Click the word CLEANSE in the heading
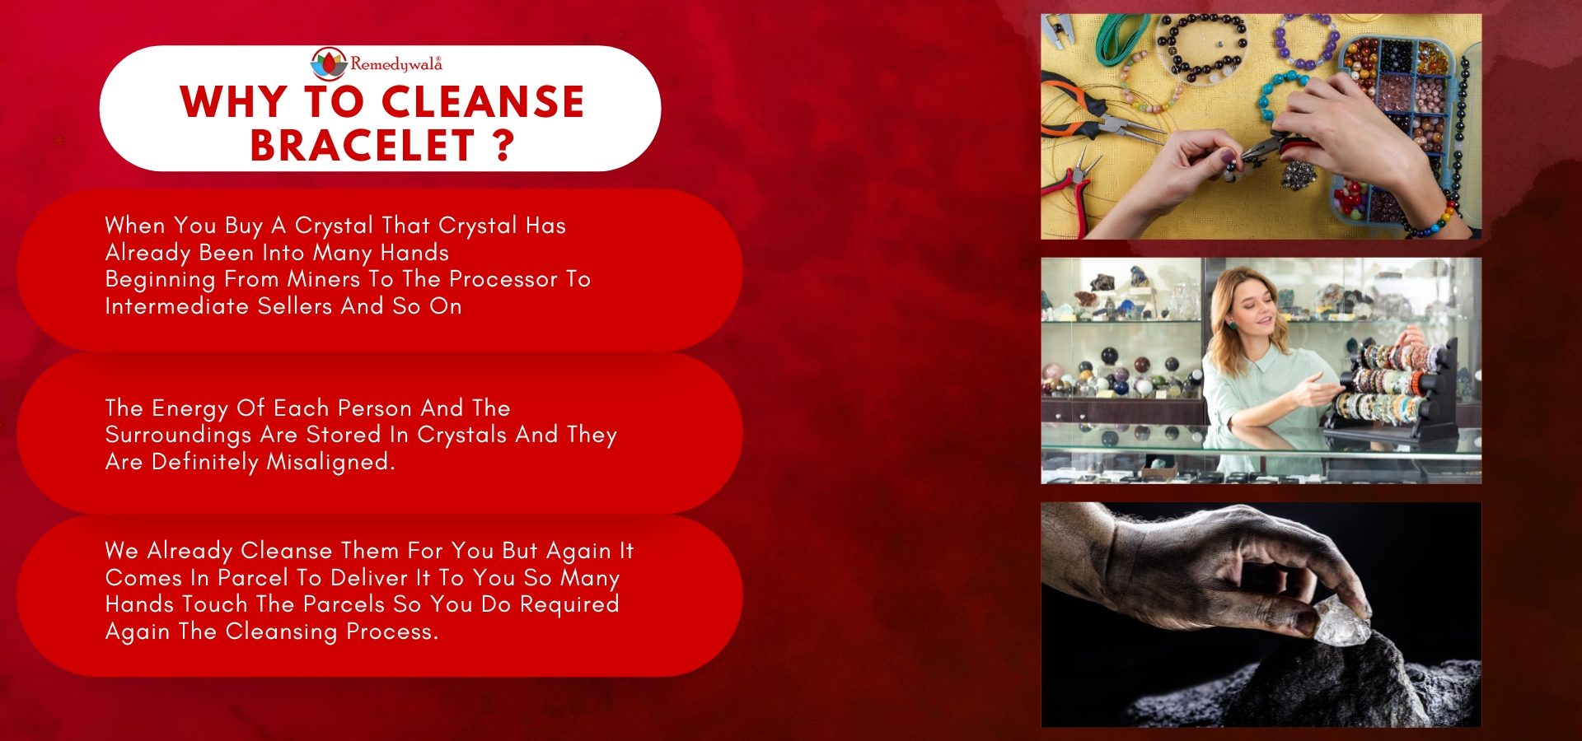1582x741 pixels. coord(483,101)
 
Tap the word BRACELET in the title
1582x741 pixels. coord(363,146)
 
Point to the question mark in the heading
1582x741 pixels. coord(505,146)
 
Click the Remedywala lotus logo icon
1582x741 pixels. coord(329,63)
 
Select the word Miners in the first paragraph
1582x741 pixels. coord(325,279)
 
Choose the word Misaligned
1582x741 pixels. coord(330,462)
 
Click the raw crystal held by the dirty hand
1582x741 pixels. coord(1341,621)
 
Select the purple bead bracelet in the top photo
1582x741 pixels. coord(1305,41)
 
